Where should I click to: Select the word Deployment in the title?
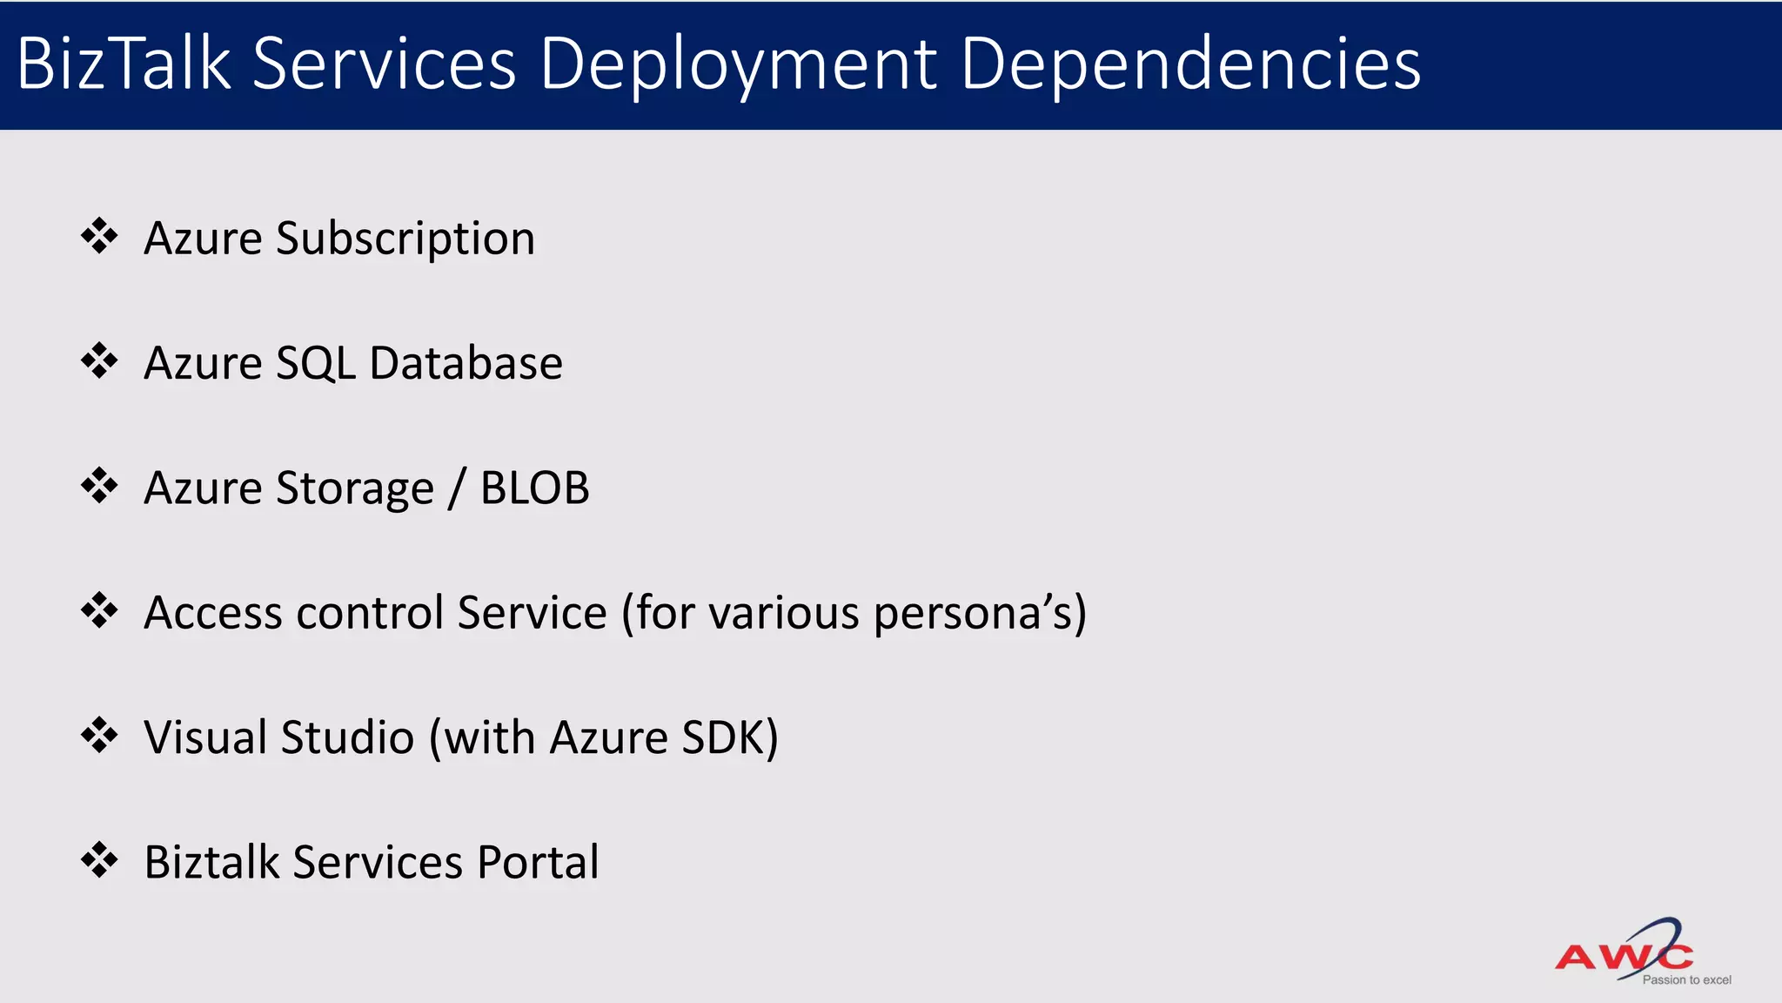(738, 65)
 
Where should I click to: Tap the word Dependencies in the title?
(1190, 65)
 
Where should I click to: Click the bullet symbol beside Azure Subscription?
(99, 236)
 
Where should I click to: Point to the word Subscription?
(405, 239)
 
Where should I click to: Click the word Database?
(466, 363)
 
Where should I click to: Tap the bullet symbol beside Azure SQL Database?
(99, 360)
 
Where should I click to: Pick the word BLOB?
(534, 488)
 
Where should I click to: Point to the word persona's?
(980, 614)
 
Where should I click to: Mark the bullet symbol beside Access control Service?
(99, 610)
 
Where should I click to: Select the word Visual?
(204, 737)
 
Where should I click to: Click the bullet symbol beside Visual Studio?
(99, 735)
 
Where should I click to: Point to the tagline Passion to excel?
(1686, 980)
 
